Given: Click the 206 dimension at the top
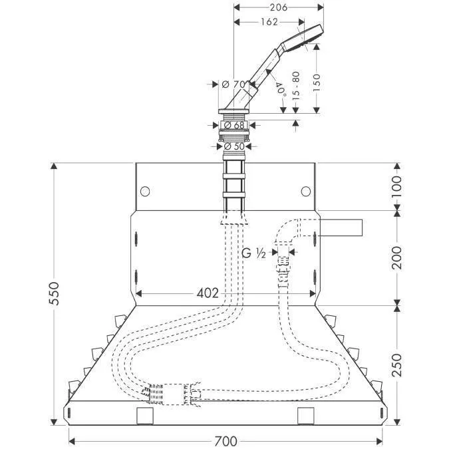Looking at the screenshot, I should pos(278,8).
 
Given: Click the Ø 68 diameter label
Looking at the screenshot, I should pos(233,124).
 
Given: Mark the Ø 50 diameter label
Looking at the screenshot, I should pos(234,146).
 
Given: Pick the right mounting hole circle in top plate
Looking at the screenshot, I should pos(305,192).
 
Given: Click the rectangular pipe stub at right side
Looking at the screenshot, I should pos(340,227).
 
